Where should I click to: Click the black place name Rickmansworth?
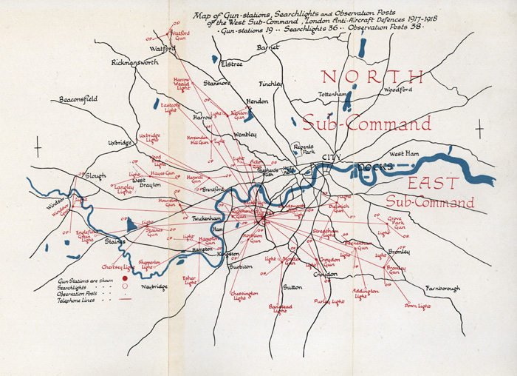pyautogui.click(x=134, y=63)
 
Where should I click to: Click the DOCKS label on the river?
pyautogui.click(x=372, y=168)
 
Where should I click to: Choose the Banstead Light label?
pyautogui.click(x=280, y=308)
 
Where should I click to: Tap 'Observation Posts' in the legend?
pyautogui.click(x=81, y=294)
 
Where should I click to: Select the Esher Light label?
pyautogui.click(x=191, y=280)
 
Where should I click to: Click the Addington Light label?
pyautogui.click(x=365, y=293)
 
